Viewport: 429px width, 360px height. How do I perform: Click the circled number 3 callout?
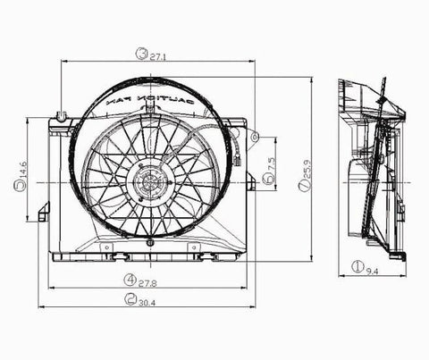point(141,54)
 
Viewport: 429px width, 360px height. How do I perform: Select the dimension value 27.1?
point(157,55)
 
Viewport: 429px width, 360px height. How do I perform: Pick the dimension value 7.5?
point(271,164)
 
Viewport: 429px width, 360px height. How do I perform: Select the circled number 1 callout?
point(356,265)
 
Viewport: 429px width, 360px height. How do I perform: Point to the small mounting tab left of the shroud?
point(43,211)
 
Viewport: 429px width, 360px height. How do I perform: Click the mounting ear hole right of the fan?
point(255,137)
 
